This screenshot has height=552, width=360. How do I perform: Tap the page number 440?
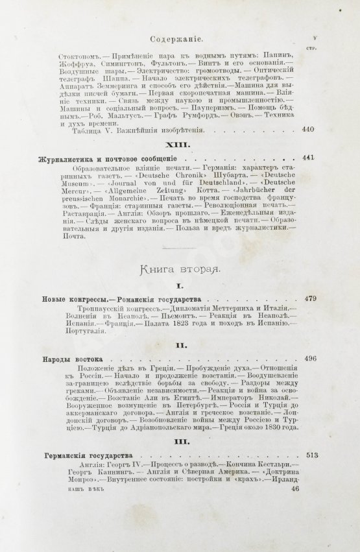(307, 130)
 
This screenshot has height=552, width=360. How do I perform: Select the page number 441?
(307, 158)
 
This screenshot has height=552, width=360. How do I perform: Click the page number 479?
(309, 299)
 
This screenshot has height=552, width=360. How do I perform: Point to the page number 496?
(309, 358)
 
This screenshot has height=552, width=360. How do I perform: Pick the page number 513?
(309, 455)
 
